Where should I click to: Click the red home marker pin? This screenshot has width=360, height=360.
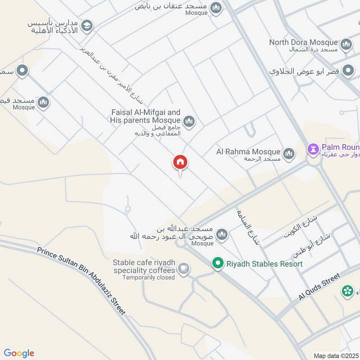coord(180,163)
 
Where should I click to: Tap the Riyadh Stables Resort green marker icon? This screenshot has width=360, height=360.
coord(218,264)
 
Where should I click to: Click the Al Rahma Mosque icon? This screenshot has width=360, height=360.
coord(289,154)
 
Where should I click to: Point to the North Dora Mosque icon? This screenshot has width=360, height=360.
coord(346,44)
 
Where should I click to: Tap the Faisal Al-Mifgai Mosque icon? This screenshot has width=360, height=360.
coord(189,121)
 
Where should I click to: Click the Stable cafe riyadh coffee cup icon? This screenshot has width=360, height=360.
coord(183,269)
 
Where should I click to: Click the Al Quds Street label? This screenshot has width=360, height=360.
coord(320,288)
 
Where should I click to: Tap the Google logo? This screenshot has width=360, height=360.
coord(19,353)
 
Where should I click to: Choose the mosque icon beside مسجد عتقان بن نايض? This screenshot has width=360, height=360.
coord(216,8)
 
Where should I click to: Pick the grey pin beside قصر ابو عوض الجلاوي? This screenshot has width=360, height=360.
coord(348,71)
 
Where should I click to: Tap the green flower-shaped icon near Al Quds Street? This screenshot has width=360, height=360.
coord(347,291)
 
